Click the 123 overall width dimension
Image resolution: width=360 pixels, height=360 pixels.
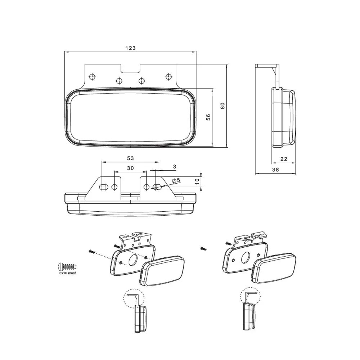tap(130, 48)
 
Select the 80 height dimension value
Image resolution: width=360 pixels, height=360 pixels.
tap(222, 106)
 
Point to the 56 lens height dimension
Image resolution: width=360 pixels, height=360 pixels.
tap(208, 117)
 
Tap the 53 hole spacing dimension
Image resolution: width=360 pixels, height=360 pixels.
tap(130, 158)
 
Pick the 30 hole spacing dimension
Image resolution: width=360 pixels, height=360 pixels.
tap(130, 168)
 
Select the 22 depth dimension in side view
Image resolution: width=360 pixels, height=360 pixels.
tap(284, 159)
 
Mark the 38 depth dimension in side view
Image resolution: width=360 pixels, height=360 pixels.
tap(275, 170)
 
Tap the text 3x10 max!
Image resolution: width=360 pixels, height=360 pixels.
tap(67, 273)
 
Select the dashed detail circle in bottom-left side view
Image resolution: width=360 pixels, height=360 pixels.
tap(134, 298)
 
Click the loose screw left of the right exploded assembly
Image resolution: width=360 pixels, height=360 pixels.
tap(204, 248)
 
